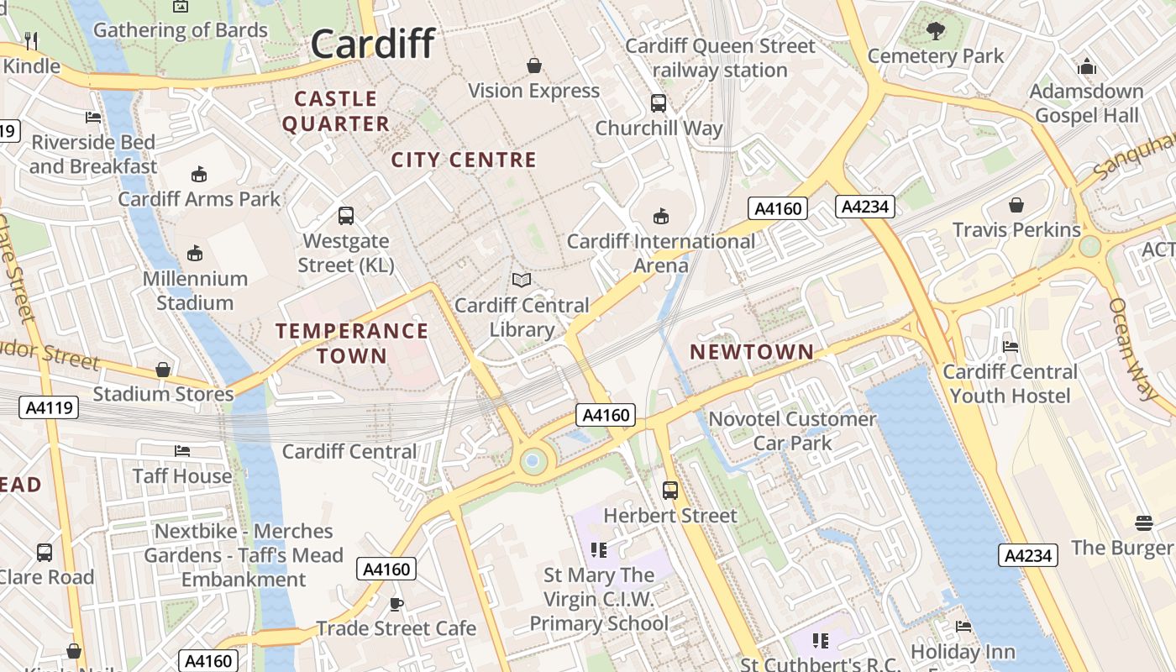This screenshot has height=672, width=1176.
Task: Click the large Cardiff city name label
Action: [373, 44]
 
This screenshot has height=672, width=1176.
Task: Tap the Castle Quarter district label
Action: [335, 112]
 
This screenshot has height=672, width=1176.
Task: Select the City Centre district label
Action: [464, 160]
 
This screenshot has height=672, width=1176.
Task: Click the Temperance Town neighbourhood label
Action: [352, 343]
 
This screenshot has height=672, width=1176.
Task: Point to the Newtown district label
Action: [752, 352]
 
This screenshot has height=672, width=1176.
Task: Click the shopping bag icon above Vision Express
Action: [533, 66]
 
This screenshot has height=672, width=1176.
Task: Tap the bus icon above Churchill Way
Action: [659, 103]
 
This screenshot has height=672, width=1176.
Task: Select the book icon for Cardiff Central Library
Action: [522, 280]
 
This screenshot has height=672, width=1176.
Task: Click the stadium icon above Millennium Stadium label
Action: [195, 253]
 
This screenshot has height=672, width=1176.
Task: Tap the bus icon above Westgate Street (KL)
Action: [346, 216]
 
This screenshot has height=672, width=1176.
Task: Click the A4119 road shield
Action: [50, 408]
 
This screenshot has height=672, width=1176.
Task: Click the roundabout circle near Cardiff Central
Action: [531, 460]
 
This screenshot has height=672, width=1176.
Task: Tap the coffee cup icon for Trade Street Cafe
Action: [396, 603]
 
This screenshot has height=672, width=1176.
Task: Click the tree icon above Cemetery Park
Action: [935, 31]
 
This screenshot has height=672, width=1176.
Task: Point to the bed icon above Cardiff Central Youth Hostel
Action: [1011, 346]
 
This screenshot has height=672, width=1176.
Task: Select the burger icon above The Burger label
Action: [1143, 522]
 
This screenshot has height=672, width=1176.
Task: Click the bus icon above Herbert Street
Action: [670, 490]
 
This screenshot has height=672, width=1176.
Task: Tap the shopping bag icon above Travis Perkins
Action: [1016, 204]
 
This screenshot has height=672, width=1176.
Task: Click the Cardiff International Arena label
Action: [661, 254]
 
